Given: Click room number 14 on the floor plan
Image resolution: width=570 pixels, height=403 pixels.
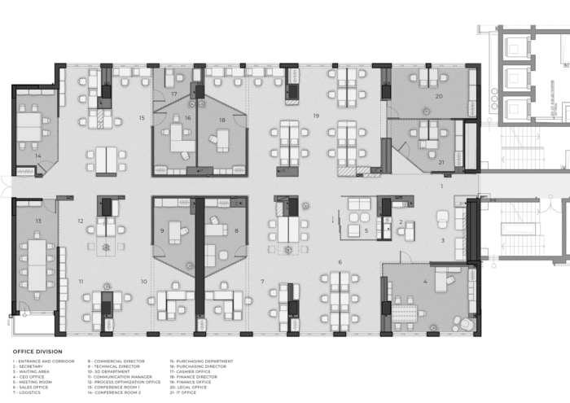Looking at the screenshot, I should (x=37, y=156).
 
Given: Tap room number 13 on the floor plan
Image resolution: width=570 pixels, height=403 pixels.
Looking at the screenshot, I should (x=37, y=221).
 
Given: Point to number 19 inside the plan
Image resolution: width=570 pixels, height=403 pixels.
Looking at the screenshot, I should (x=316, y=116).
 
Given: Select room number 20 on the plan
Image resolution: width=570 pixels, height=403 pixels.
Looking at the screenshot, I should (x=439, y=96).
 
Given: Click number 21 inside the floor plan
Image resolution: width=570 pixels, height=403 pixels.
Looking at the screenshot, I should (x=441, y=162).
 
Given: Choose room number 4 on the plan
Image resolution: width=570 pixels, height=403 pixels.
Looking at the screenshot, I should (x=424, y=282).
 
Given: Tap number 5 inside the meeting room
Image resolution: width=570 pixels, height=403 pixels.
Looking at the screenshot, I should (x=366, y=231).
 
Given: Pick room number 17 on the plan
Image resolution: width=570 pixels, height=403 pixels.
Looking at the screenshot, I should (x=174, y=95).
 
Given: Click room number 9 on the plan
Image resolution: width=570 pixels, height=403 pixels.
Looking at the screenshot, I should (x=162, y=231).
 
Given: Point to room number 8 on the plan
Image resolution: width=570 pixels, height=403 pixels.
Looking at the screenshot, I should (x=236, y=231).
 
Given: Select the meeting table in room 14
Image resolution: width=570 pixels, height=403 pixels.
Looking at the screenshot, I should (x=30, y=127).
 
